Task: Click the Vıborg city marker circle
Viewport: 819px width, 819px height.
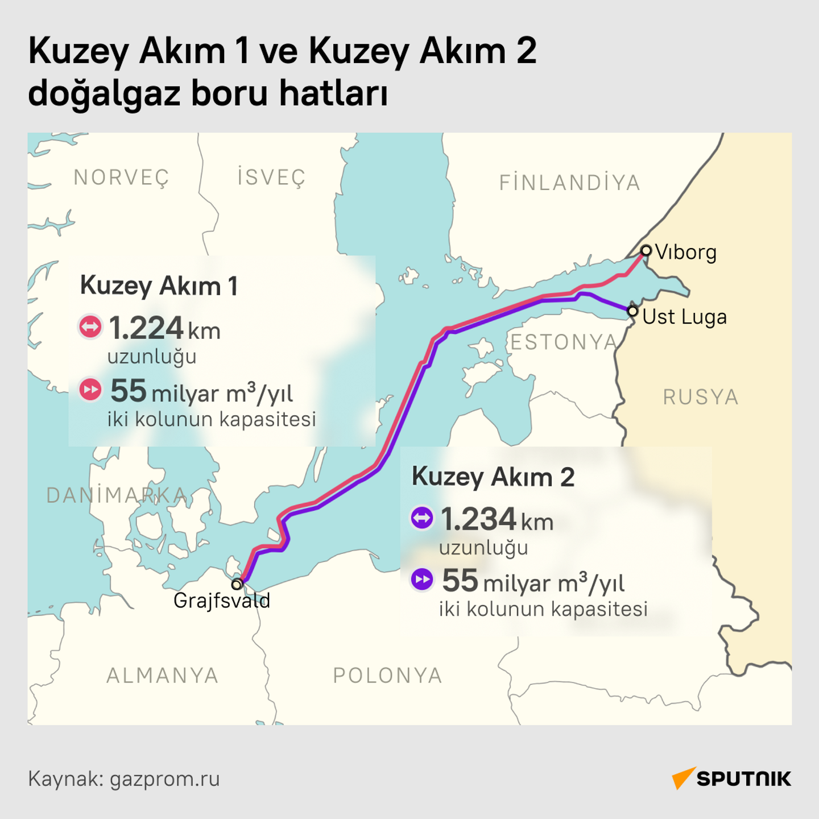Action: pos(646,250)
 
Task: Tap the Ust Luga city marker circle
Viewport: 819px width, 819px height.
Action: pos(632,311)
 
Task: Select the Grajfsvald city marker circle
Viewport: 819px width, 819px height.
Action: pos(237,584)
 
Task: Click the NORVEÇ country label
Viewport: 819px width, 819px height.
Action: pos(122,178)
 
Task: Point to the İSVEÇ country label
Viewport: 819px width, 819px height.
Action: pos(272,177)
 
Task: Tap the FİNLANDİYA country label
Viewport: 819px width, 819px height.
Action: pos(570,183)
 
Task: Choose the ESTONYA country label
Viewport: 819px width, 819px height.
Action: pos(564,342)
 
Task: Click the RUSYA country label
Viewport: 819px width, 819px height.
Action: pos(701,397)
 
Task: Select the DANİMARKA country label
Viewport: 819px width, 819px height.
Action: pos(117,495)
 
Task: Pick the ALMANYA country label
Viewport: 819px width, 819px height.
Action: pos(163,676)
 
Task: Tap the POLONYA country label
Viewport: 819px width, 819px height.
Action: pos(387,676)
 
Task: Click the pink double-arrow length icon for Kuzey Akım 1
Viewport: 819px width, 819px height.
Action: pos(90,327)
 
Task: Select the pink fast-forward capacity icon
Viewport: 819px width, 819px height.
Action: pos(90,390)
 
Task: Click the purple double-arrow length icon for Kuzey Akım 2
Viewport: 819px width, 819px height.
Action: pos(422,518)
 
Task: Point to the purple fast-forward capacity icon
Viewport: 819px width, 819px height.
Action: pos(422,580)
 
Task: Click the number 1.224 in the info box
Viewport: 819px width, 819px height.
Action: pos(146,328)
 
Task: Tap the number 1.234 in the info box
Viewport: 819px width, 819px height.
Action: pos(478,519)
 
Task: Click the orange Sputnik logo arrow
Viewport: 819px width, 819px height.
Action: pos(683,777)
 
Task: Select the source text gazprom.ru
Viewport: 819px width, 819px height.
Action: pos(164,779)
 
